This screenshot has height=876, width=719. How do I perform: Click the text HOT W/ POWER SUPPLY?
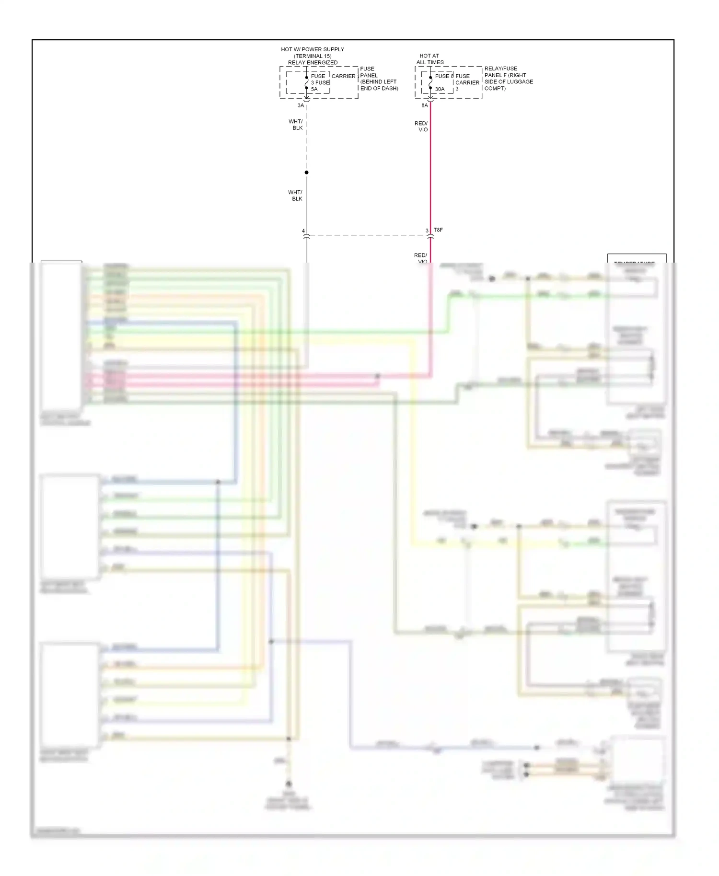[x=312, y=49]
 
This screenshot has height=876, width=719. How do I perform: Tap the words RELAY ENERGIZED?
[x=313, y=63]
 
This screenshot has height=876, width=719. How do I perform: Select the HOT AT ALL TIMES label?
[x=429, y=59]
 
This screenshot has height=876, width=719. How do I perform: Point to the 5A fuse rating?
[x=314, y=89]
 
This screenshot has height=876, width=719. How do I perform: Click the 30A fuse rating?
[x=440, y=89]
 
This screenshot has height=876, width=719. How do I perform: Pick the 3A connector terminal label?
[x=301, y=105]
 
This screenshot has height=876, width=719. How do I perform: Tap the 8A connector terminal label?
[x=425, y=105]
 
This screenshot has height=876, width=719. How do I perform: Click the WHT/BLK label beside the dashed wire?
[x=296, y=125]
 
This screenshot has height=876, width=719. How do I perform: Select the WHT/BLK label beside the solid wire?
[x=295, y=196]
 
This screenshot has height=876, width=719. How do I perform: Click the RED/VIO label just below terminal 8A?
[x=421, y=127]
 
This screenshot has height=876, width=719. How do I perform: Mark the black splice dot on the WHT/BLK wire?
[x=307, y=173]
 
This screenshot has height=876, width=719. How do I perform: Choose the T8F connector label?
[x=438, y=230]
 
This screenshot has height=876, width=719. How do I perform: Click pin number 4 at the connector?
[x=303, y=231]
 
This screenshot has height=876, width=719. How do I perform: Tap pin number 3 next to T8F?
[x=427, y=231]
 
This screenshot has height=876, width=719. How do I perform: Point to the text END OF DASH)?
[x=379, y=89]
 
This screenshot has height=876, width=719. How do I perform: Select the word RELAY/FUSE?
[x=501, y=69]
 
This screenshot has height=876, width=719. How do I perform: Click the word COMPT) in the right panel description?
[x=495, y=89]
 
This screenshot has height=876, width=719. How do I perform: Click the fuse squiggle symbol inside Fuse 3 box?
[x=307, y=83]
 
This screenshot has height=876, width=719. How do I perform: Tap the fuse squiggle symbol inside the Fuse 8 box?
[x=430, y=83]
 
